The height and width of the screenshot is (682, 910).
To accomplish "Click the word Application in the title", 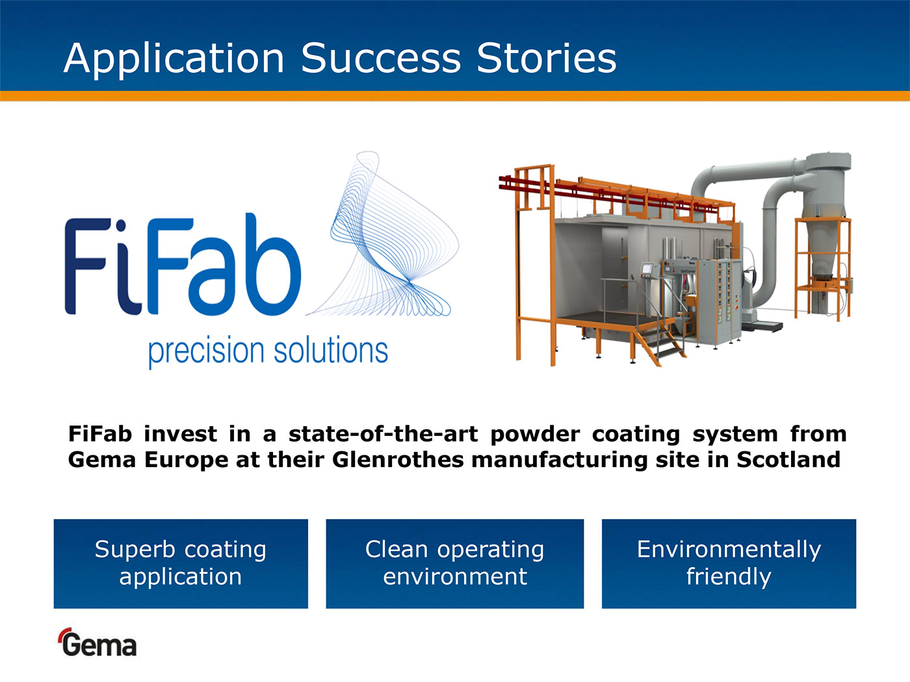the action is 174,59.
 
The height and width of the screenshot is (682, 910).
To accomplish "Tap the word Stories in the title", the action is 547,58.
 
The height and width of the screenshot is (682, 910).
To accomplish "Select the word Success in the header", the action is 381,58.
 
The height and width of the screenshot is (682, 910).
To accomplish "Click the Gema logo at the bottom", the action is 97,642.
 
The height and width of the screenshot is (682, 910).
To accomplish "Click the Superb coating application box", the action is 181,564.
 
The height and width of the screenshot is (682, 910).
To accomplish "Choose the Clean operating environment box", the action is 455,564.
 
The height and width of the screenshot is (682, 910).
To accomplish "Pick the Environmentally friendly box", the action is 729,564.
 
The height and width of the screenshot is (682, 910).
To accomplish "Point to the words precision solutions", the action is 268,351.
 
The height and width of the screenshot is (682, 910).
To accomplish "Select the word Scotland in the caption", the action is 788,460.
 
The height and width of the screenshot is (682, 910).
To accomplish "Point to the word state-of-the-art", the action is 383,434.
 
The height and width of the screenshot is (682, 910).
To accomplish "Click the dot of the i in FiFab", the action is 120,226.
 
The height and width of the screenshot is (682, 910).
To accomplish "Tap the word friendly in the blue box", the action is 729,577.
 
